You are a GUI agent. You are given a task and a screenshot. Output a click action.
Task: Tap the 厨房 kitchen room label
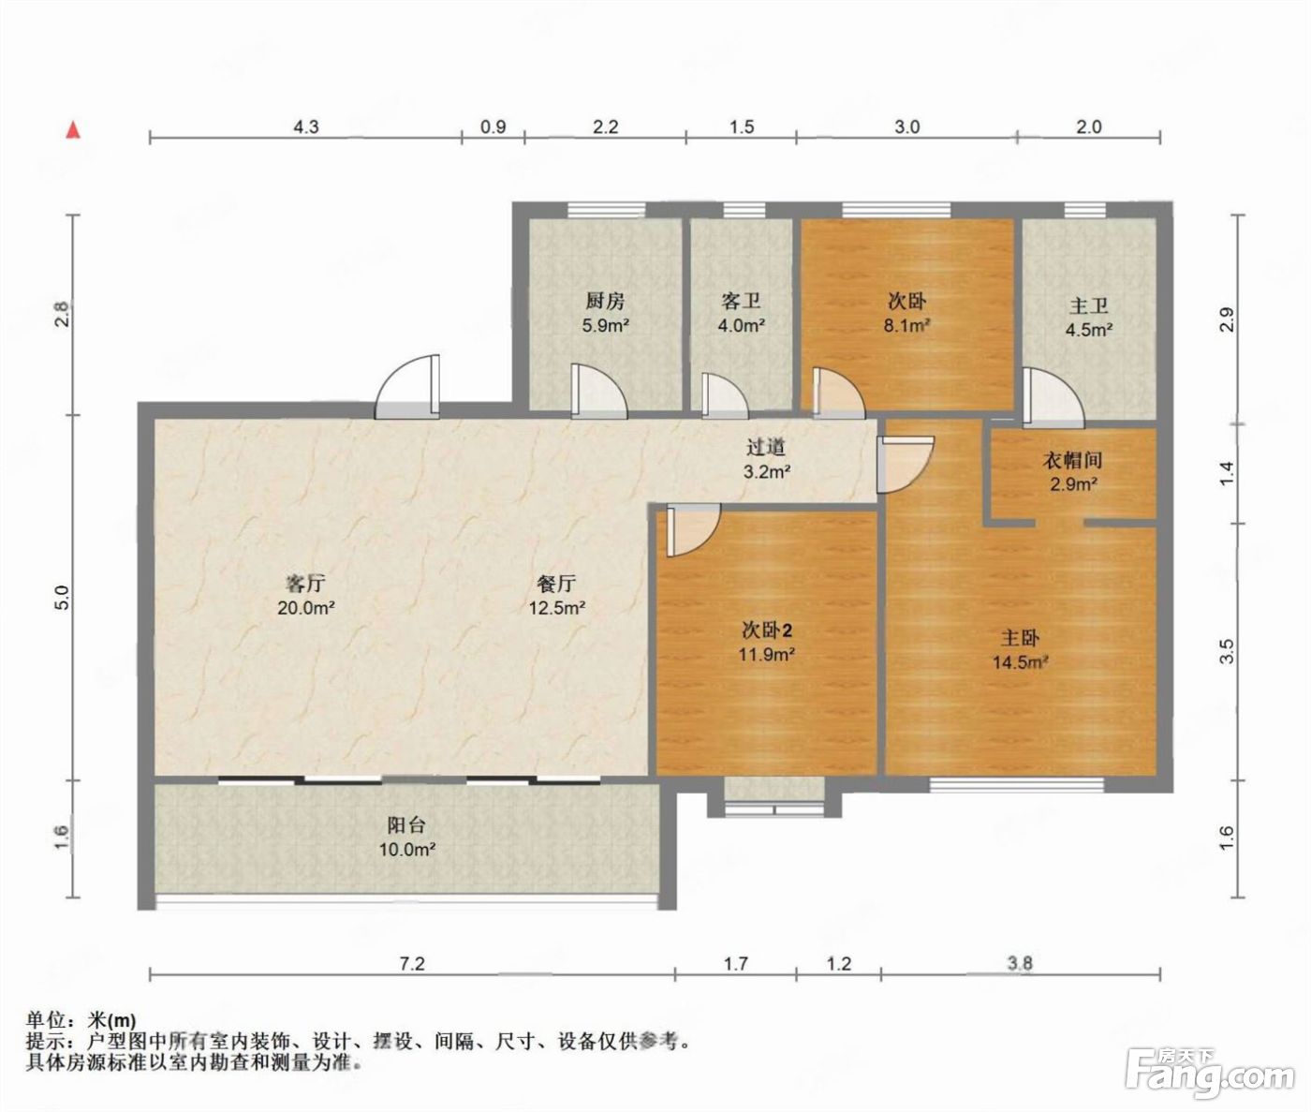coord(605,301)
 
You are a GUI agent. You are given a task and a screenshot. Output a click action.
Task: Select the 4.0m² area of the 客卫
coord(741,326)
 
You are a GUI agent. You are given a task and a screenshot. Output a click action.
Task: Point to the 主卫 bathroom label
coord(1088,306)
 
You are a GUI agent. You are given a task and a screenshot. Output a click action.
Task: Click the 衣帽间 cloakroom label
coord(1072,460)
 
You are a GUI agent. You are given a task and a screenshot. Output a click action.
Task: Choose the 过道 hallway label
coord(766,448)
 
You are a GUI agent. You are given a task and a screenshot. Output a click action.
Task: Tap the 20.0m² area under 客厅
coord(305,608)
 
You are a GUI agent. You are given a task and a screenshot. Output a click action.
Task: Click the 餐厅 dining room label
coord(556,584)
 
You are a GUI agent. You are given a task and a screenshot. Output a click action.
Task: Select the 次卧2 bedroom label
coord(767,630)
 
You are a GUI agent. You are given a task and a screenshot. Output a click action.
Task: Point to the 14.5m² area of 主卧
coord(1020,662)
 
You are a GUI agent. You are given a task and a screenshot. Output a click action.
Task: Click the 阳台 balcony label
coord(405,825)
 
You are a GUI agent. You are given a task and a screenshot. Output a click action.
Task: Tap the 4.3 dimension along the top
coord(305,127)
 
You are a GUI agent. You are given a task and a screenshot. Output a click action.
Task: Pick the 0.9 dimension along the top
coord(493,127)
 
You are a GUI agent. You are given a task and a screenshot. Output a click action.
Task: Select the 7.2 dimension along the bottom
coord(412,964)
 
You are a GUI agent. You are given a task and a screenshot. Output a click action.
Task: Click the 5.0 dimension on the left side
coord(62,598)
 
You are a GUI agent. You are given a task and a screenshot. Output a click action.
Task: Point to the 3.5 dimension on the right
coord(1228,652)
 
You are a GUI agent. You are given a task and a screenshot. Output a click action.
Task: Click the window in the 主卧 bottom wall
coord(1017,785)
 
